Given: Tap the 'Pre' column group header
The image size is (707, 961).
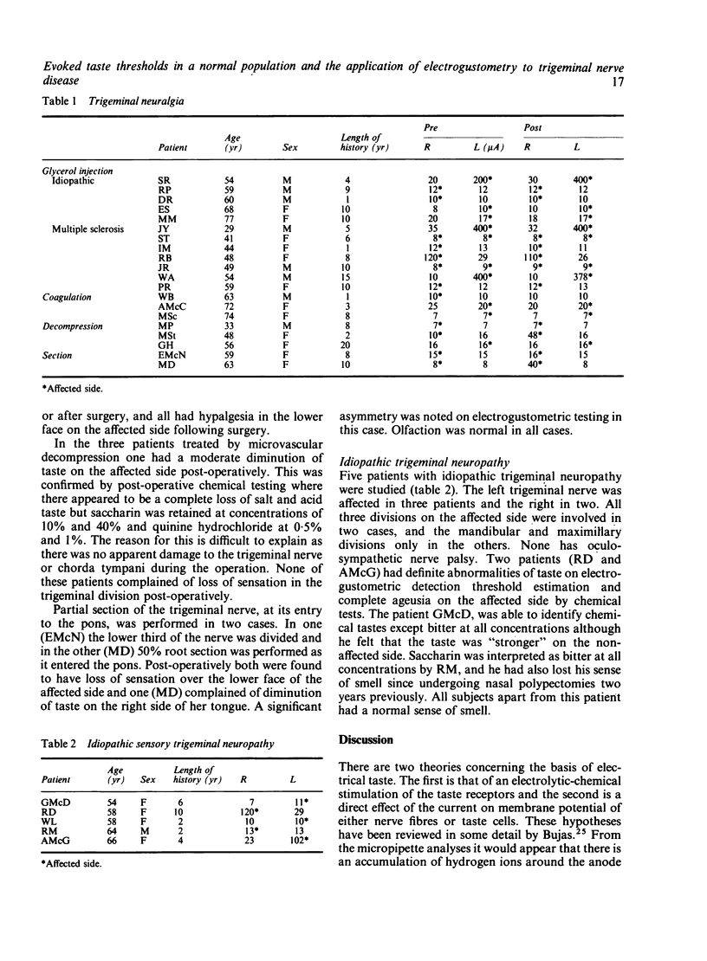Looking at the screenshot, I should tap(431, 127).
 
